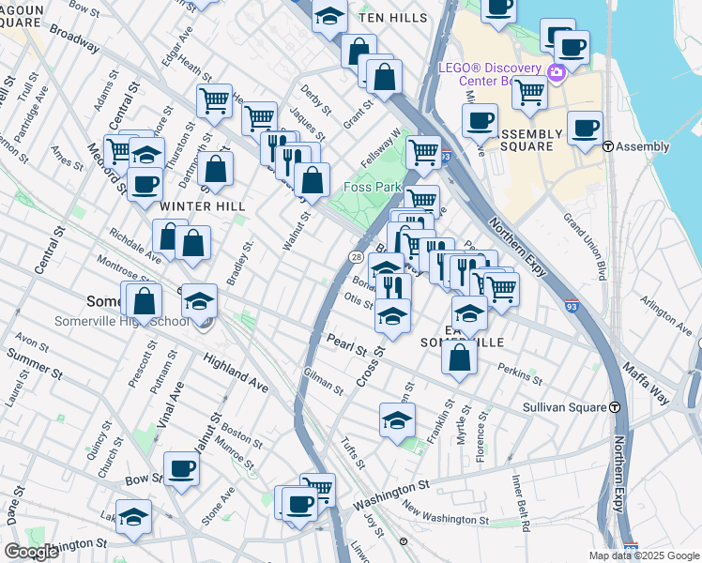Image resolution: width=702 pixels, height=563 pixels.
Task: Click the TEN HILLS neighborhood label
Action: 393,18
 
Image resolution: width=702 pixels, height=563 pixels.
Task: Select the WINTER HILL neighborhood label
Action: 203,205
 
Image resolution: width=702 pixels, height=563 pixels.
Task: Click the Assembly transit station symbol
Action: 608,146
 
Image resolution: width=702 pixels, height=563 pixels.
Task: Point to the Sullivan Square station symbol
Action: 615,407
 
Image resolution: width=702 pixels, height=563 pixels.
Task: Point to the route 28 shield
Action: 357,256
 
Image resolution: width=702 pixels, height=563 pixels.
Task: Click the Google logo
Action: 31,552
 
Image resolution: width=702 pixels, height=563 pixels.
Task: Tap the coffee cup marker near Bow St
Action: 181,468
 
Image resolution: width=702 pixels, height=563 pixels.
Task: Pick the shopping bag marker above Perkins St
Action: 459,358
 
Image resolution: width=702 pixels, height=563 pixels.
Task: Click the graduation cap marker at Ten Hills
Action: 329,16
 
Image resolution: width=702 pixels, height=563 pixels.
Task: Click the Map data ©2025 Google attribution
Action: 644,555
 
